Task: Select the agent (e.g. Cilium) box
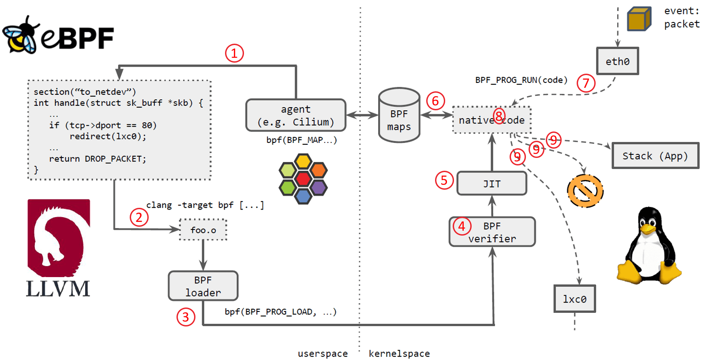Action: pyautogui.click(x=296, y=115)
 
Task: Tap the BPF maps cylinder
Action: pyautogui.click(x=399, y=116)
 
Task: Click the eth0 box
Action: pyautogui.click(x=617, y=61)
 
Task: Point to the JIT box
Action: pyautogui.click(x=492, y=184)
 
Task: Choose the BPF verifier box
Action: pyautogui.click(x=492, y=232)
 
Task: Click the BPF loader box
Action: pyautogui.click(x=203, y=286)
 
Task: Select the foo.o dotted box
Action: pyautogui.click(x=203, y=230)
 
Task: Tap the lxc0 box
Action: pyautogui.click(x=574, y=299)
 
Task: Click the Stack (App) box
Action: pyautogui.click(x=655, y=156)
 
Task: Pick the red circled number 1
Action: pyautogui.click(x=234, y=53)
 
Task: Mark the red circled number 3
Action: pyautogui.click(x=186, y=317)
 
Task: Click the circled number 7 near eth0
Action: pyautogui.click(x=586, y=83)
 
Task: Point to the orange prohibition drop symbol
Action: pyautogui.click(x=585, y=191)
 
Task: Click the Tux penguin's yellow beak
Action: pyautogui.click(x=648, y=229)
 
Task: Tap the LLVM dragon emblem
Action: pyautogui.click(x=59, y=238)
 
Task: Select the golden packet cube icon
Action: pyautogui.click(x=639, y=19)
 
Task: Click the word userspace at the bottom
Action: pyautogui.click(x=323, y=353)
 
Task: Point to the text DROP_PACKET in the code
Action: pyautogui.click(x=115, y=159)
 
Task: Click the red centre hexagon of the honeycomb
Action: pyautogui.click(x=303, y=179)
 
